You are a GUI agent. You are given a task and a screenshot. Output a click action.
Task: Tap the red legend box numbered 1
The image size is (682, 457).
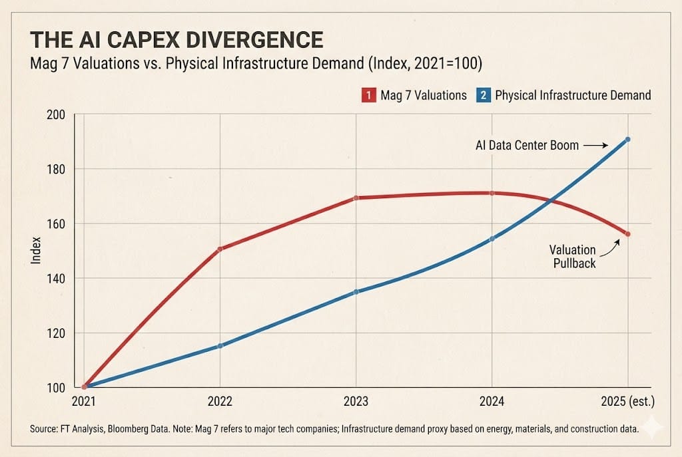click(367, 95)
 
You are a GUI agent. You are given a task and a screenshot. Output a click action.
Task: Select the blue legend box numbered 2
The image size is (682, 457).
click(484, 95)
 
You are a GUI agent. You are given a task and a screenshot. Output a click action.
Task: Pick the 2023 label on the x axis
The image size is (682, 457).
click(356, 402)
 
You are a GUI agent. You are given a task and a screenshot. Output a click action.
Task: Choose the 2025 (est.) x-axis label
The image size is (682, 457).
click(628, 402)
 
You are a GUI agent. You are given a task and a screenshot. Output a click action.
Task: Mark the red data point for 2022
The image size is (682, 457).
click(220, 249)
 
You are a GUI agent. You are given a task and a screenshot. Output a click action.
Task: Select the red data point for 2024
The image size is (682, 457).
click(492, 193)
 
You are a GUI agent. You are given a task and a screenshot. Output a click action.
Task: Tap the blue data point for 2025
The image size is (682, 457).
click(627, 139)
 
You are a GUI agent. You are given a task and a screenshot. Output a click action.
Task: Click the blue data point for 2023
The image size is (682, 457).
click(356, 292)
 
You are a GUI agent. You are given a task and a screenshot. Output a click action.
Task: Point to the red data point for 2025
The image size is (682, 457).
click(627, 234)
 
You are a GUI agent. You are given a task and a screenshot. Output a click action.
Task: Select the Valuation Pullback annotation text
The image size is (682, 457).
click(572, 256)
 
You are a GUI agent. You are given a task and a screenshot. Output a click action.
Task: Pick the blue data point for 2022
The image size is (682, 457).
click(220, 346)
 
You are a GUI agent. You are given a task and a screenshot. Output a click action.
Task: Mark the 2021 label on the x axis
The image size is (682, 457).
click(85, 402)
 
